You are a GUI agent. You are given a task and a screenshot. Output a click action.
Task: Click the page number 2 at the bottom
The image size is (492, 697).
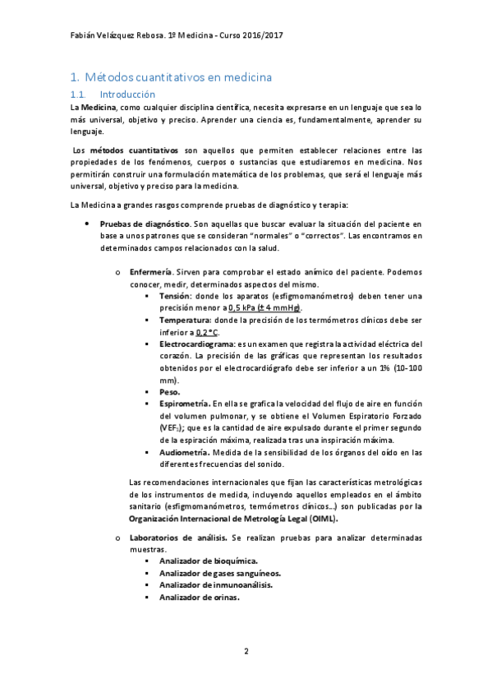click(246, 652)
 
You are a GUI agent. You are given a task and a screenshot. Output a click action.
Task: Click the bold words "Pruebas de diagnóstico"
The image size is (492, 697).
click(138, 224)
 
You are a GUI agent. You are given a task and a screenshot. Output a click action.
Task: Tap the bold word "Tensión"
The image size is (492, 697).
click(175, 296)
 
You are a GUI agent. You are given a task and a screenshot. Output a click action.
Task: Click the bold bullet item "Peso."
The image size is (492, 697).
click(169, 392)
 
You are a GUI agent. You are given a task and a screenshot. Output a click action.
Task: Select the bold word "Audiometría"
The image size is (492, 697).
click(184, 452)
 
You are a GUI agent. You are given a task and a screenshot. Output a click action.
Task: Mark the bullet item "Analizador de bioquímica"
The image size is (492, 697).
click(206, 561)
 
